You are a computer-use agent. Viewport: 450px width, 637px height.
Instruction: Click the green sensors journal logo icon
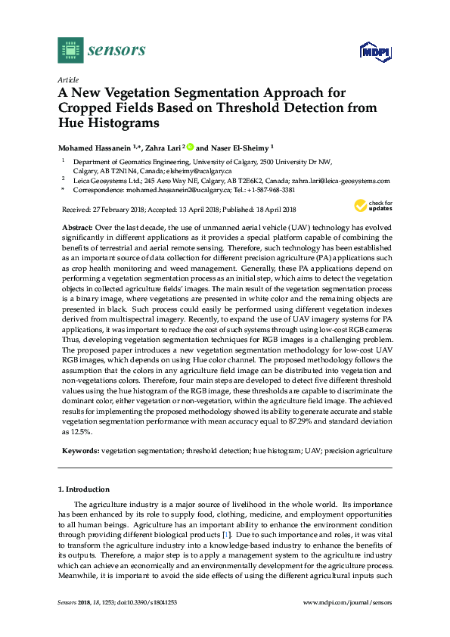(x=70, y=50)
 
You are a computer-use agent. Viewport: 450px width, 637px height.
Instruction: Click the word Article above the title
(x=68, y=79)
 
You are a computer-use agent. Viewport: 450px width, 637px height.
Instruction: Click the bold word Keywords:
(x=79, y=451)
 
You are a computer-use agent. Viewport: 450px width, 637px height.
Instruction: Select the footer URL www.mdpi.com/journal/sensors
(x=350, y=601)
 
